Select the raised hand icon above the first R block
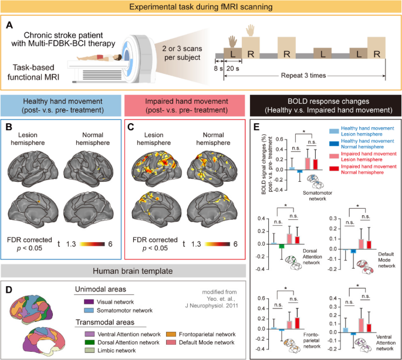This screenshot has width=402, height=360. click(251, 29)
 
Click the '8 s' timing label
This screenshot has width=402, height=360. click(219, 69)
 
